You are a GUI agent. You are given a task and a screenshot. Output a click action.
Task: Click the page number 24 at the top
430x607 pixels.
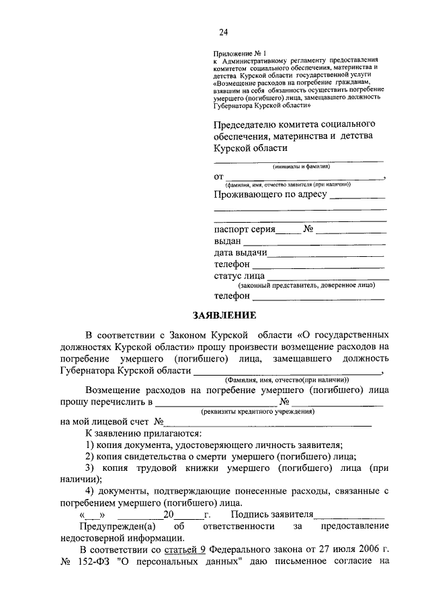tap(223, 32)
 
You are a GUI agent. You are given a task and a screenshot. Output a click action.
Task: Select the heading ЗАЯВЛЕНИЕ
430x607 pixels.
tap(222, 315)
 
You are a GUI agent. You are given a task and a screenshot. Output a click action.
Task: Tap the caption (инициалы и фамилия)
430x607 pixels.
tap(300, 166)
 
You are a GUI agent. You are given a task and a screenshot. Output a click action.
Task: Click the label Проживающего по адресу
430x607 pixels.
tap(270, 195)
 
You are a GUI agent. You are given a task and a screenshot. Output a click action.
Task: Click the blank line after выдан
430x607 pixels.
tap(314, 241)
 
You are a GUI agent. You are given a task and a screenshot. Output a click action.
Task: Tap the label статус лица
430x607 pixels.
tap(239, 276)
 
